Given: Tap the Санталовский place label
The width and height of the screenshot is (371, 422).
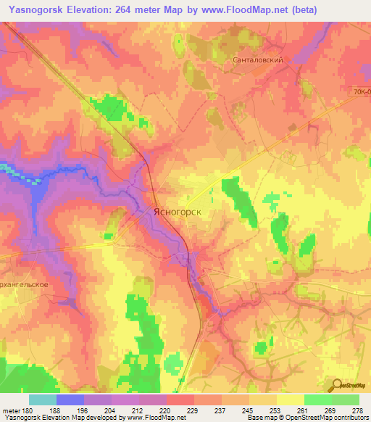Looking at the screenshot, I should click(x=256, y=62).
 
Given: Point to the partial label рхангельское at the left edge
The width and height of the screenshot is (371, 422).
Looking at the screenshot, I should click(x=25, y=284).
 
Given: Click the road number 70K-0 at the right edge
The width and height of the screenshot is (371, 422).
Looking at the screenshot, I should click(x=362, y=93).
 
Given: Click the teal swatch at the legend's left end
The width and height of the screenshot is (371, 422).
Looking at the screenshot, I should click(x=42, y=400).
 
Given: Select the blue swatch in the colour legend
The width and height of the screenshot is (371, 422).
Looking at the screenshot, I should click(x=70, y=400).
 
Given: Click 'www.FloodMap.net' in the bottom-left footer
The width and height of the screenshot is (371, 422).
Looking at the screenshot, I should click(x=154, y=418).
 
